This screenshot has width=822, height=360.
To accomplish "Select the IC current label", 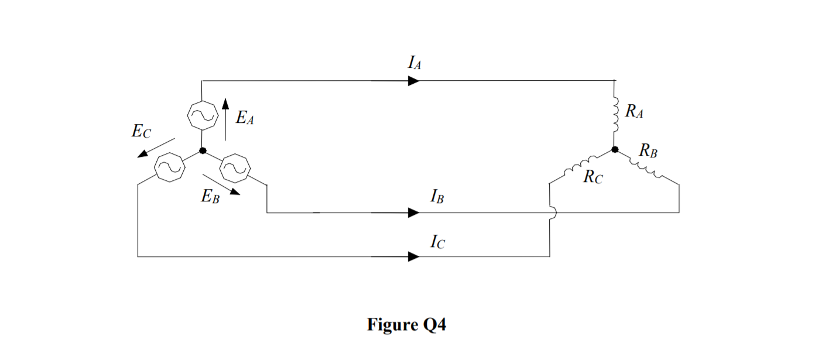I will coord(437,241).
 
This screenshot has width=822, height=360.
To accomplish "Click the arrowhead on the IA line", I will coord(414,81).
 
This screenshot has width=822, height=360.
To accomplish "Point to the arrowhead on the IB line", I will coord(414,212).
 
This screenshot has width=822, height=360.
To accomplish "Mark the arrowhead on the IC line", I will coord(414,256).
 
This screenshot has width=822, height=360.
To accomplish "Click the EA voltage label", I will coord(245,118).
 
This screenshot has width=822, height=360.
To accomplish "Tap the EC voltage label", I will coord(141,132).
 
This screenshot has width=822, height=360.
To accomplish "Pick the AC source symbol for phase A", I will coord(202,115).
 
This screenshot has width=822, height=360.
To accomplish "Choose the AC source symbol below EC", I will coord(170,168).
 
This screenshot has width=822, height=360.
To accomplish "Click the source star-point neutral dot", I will coord(203,150).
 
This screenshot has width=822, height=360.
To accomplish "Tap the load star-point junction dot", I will coord(614,150).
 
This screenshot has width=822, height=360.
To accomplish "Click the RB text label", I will coord(648,152).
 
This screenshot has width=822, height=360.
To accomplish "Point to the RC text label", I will coord(592,178).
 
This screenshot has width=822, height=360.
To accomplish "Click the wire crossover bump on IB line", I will coord(551,212).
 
